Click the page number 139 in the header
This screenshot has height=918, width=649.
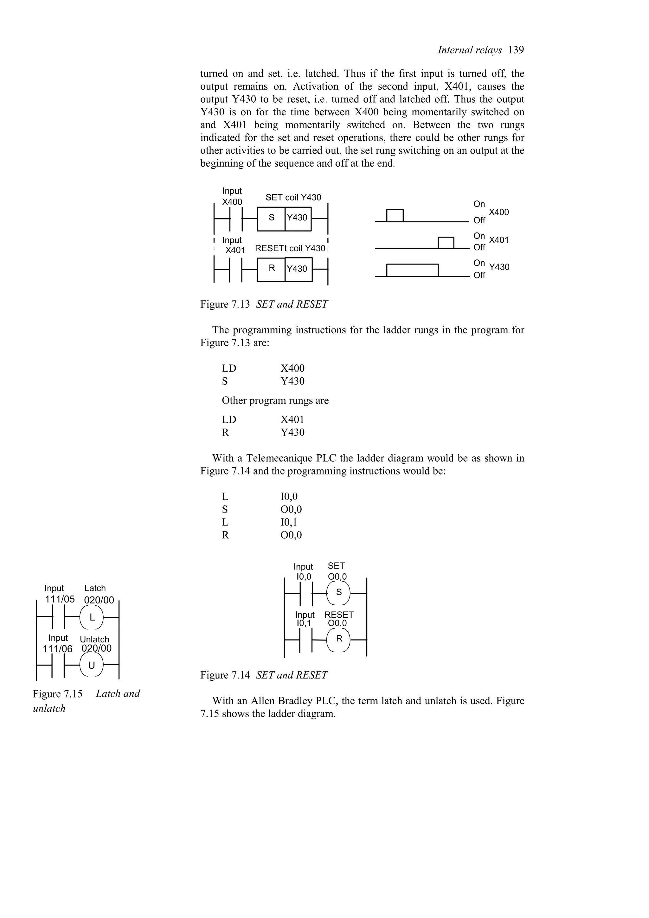click(x=516, y=50)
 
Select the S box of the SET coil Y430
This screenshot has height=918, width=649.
click(x=272, y=218)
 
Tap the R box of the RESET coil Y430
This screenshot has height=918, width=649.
click(x=272, y=269)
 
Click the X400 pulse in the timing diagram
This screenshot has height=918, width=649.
click(x=395, y=215)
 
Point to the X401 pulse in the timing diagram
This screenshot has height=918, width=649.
click(x=446, y=243)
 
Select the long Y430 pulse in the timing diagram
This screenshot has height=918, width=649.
click(x=412, y=270)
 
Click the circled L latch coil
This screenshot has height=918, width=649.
click(x=92, y=617)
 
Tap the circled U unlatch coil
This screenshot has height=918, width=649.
click(x=92, y=665)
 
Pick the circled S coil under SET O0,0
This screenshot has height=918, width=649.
click(x=339, y=592)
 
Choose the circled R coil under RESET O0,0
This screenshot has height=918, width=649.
click(x=339, y=639)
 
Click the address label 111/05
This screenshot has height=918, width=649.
click(x=60, y=599)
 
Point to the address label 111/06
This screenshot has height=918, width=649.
click(x=58, y=648)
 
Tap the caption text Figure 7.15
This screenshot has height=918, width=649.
click(x=58, y=694)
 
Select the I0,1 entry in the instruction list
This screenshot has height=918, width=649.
click(x=289, y=522)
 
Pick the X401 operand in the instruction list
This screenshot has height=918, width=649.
click(x=292, y=420)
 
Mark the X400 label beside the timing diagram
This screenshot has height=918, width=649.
click(x=499, y=212)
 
